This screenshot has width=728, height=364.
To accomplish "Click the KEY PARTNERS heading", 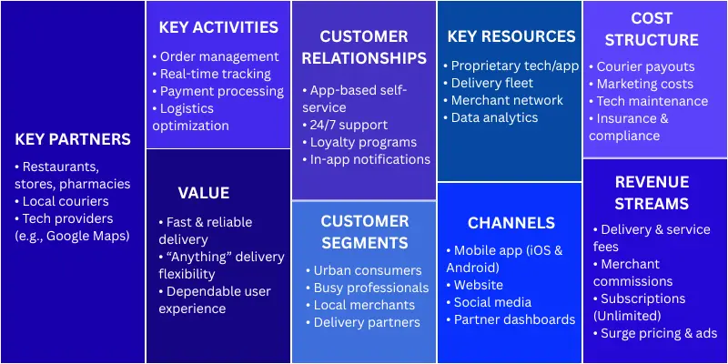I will click(73, 139).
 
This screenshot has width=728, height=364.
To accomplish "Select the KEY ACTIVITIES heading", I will click(218, 27).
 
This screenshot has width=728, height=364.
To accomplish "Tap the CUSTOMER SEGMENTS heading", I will click(364, 231).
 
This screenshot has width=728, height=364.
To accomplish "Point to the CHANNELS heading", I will click(511, 223).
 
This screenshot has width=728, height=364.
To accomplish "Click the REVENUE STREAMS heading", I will click(652, 192).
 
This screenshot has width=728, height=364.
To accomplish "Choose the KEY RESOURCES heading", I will click(511, 36).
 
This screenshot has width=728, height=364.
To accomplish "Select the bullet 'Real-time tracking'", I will click(215, 74).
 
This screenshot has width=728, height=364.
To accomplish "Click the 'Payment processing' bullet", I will click(221, 91).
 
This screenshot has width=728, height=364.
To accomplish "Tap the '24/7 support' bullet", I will click(349, 125).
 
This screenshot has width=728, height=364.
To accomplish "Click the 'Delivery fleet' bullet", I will click(488, 83).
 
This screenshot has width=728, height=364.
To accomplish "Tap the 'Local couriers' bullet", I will click(65, 201).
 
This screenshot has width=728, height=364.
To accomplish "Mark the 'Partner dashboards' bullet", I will click(514, 319).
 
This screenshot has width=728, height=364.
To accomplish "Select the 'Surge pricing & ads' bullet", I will click(658, 333).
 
